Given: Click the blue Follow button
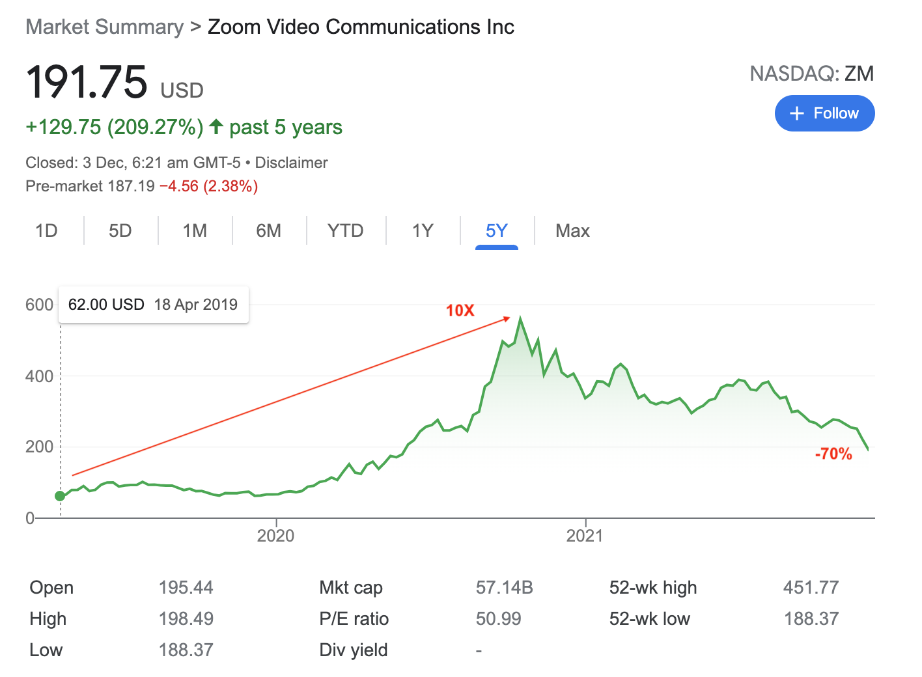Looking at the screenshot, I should click(x=824, y=113).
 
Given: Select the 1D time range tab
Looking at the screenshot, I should click(x=46, y=231).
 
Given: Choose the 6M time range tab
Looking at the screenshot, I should click(x=268, y=231).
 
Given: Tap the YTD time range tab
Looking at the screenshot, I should click(x=345, y=231).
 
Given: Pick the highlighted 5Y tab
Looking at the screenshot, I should click(x=496, y=231).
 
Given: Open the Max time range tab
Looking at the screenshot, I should click(x=572, y=231).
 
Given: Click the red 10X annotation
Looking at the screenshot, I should click(x=460, y=311).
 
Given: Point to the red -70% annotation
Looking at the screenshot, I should click(x=833, y=454).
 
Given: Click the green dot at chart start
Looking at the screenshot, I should click(x=60, y=496).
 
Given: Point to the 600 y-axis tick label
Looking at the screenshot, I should click(x=39, y=305).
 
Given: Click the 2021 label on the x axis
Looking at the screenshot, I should click(x=585, y=536).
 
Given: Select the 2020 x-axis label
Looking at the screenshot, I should click(x=275, y=536).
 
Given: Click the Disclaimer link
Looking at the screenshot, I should click(x=291, y=163).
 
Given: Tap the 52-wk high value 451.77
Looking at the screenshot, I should click(x=811, y=588).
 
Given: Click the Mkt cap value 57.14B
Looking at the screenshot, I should click(x=504, y=588).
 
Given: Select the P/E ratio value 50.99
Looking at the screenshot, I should click(x=498, y=619).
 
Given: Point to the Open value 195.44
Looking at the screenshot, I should click(x=186, y=588).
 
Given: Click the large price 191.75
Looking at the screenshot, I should click(x=87, y=83).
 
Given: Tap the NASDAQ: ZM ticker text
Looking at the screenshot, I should click(x=811, y=74).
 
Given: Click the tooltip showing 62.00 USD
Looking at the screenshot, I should click(x=153, y=305).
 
